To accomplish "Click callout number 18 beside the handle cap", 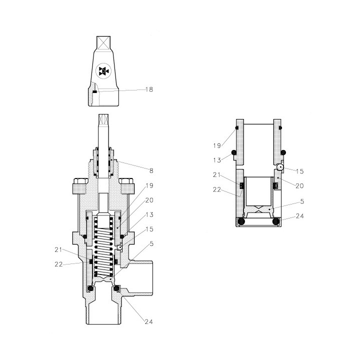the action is [x=149, y=89].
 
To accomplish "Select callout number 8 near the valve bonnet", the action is [x=151, y=170].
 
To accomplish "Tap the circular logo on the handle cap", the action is [x=103, y=71].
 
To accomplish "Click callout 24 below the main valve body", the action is [x=148, y=322].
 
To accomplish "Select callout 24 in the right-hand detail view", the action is [x=300, y=216].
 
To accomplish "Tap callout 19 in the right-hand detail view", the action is [x=217, y=145].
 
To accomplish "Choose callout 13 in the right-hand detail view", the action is [x=217, y=160].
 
